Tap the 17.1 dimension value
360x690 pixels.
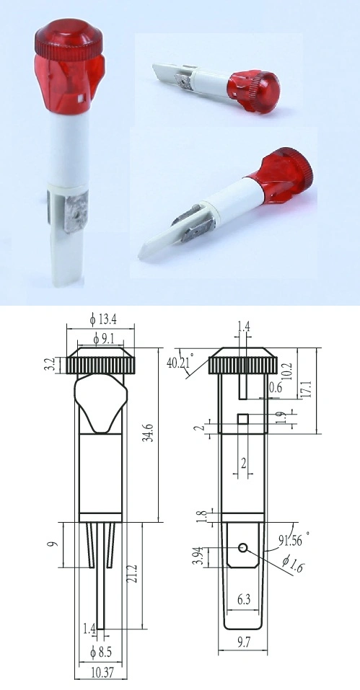click(326, 390)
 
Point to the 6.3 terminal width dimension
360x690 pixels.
click(242, 598)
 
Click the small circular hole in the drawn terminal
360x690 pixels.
click(244, 548)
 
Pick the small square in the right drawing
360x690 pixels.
click(243, 419)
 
